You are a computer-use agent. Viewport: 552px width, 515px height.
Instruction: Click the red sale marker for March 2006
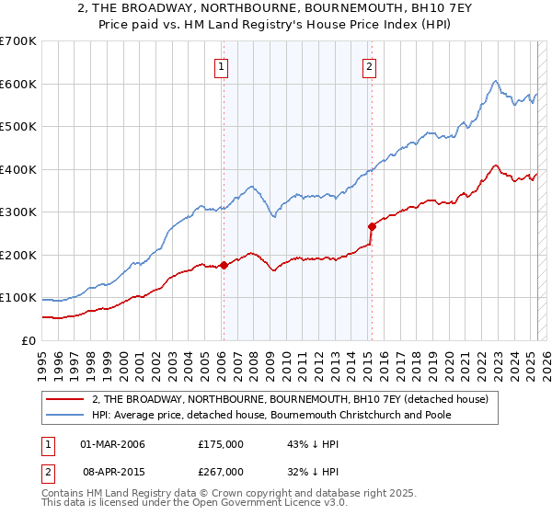click(x=223, y=266)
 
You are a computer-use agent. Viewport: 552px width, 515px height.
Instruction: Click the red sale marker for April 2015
click(x=372, y=226)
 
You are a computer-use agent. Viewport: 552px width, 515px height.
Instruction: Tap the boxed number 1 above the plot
click(x=223, y=66)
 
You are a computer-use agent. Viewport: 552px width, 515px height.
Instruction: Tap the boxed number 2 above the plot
click(x=369, y=66)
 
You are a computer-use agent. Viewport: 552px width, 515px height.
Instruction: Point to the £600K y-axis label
click(x=18, y=84)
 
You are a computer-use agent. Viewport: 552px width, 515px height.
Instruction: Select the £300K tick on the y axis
click(x=18, y=212)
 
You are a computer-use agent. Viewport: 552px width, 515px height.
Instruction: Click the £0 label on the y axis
click(x=28, y=340)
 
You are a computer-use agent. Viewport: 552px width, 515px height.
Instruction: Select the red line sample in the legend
click(x=64, y=399)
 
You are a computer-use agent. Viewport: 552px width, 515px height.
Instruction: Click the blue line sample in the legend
click(x=64, y=415)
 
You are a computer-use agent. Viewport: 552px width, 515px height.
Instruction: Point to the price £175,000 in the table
click(x=221, y=444)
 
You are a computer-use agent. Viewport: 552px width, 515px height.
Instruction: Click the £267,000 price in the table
click(x=221, y=472)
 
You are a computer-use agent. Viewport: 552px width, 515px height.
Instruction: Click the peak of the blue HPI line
click(x=495, y=81)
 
